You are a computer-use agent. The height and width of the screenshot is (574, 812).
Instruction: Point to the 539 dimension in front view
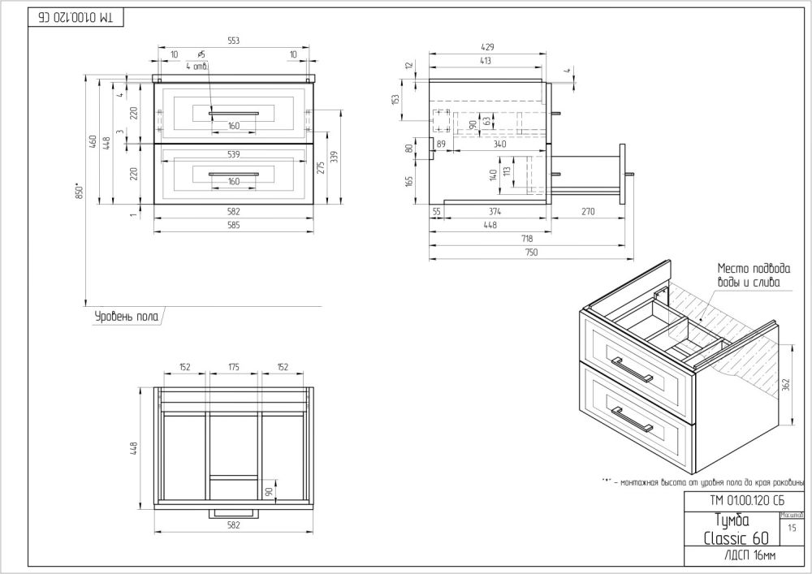(234, 153)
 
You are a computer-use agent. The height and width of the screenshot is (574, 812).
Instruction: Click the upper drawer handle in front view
(234, 113)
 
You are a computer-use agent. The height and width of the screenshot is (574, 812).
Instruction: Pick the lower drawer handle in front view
(234, 173)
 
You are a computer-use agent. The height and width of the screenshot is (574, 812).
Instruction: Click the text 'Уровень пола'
(123, 316)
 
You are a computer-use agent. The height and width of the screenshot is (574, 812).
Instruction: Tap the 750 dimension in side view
(530, 253)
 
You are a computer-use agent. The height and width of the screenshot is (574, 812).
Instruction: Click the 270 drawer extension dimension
(588, 211)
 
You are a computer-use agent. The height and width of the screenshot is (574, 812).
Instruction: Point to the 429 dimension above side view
(488, 47)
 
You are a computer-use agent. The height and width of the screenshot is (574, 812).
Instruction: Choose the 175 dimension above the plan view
(234, 367)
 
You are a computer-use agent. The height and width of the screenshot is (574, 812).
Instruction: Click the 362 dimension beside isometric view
(786, 384)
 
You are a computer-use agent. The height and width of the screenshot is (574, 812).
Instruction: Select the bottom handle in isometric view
(632, 421)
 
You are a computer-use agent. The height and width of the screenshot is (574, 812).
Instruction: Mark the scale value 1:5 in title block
(791, 528)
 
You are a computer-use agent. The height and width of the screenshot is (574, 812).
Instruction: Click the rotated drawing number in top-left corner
(75, 16)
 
